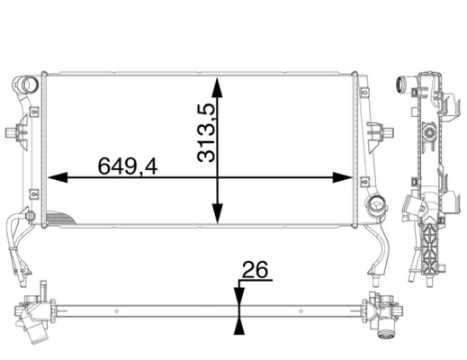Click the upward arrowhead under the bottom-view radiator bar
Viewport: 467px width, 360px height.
tap(238, 325)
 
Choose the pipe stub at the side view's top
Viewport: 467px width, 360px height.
tap(400, 87)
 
